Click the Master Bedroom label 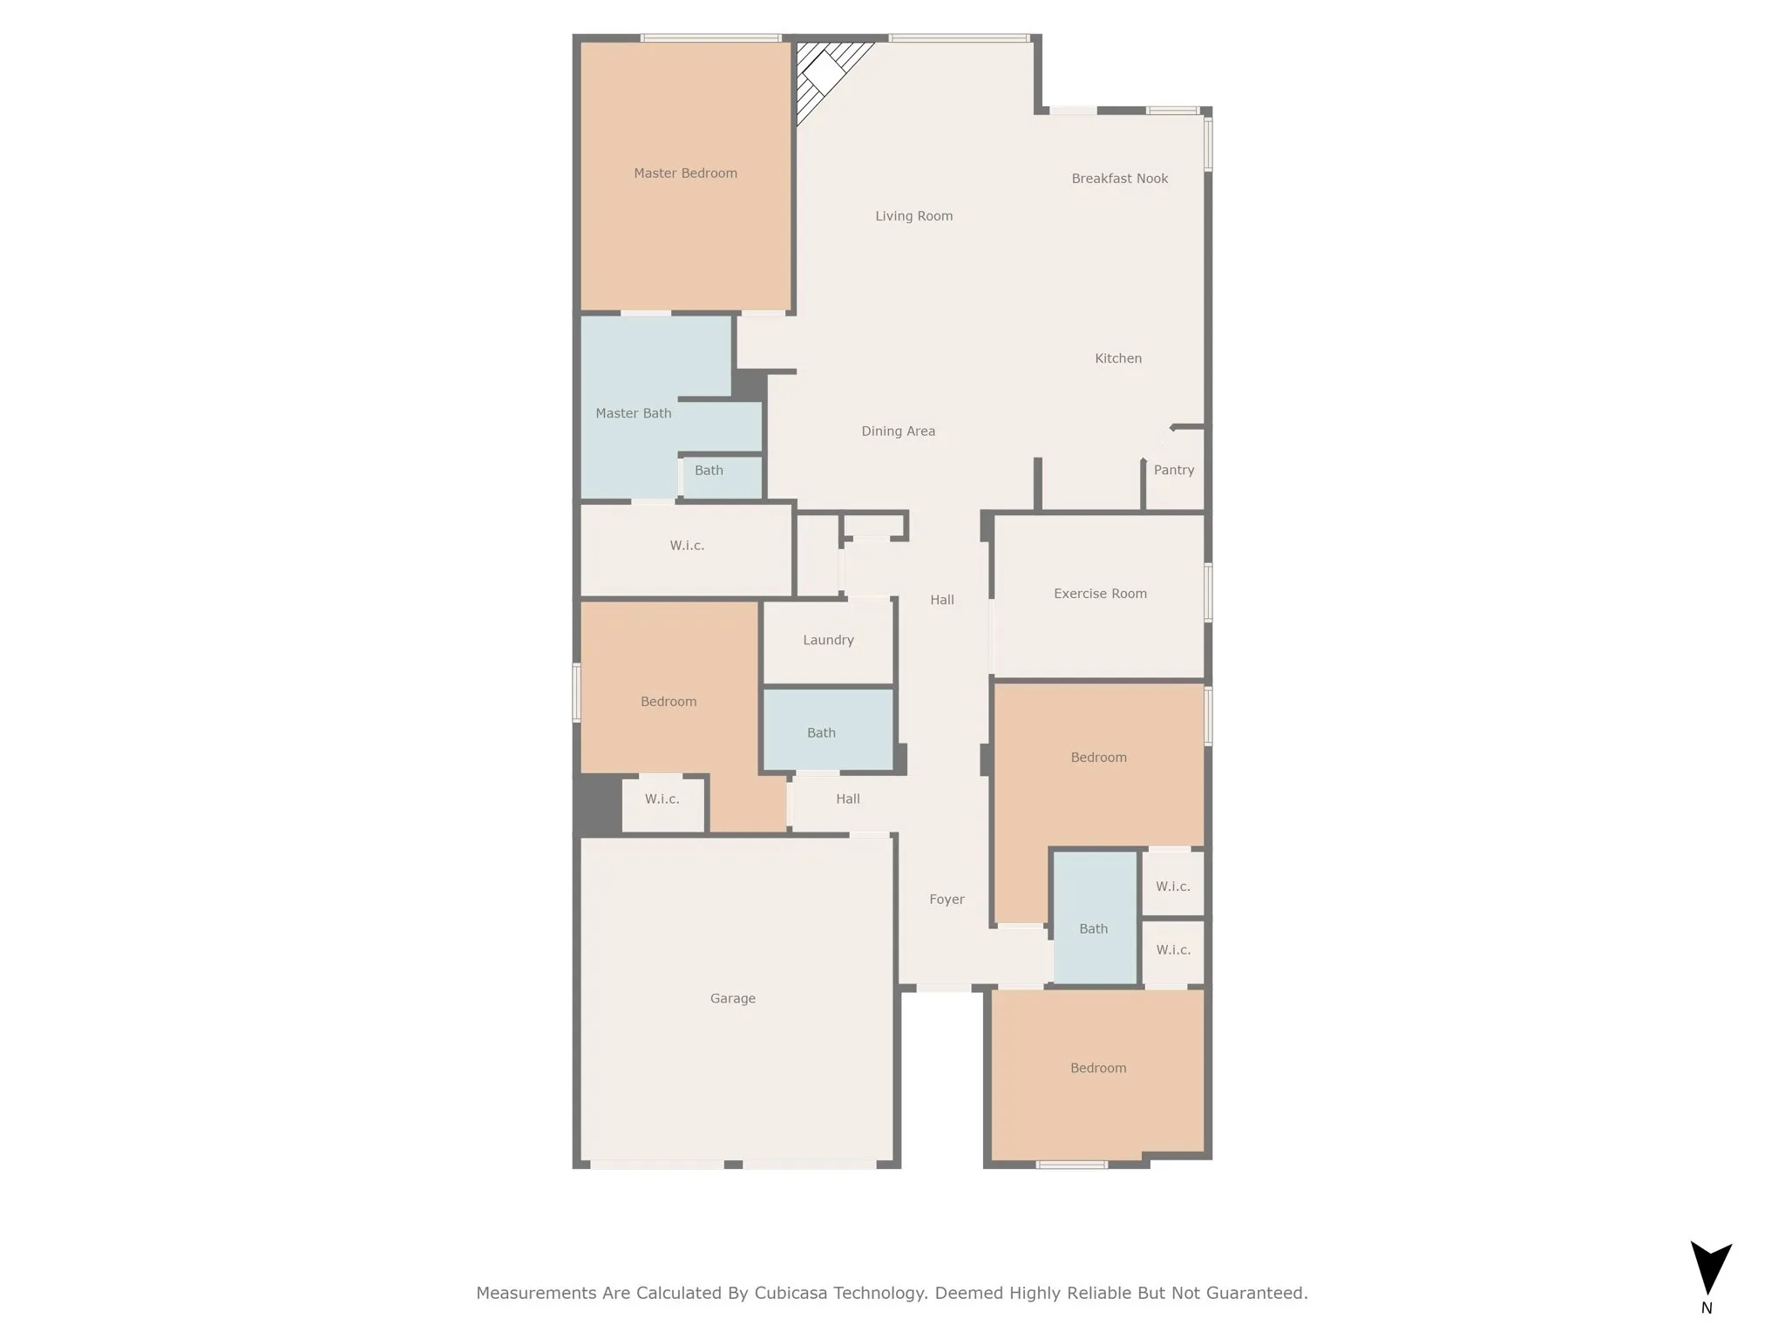[685, 173]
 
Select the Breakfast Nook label [1119, 179]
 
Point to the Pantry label [1173, 470]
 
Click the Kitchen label [1117, 358]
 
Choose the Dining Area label [898, 431]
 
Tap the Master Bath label [633, 413]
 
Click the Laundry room [828, 640]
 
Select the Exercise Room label [1100, 594]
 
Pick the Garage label [732, 998]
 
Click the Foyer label [947, 899]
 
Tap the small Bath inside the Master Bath [709, 471]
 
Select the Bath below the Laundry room [821, 733]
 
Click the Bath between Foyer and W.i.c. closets [1093, 928]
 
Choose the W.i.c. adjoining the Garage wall [662, 799]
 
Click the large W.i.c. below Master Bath [687, 546]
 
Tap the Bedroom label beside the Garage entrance [1098, 1068]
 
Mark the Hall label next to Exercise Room [941, 600]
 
